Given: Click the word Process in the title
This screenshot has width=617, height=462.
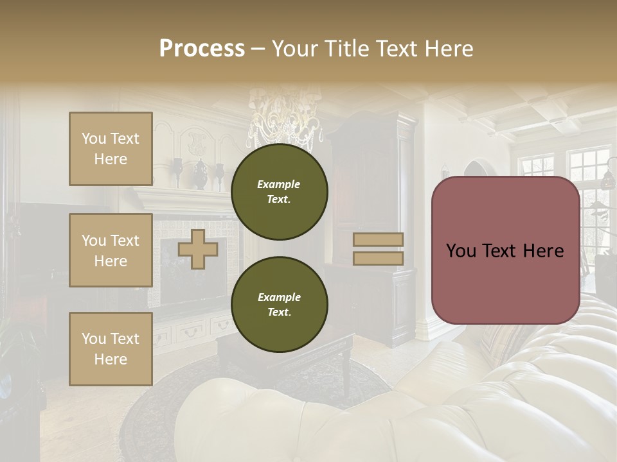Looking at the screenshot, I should pyautogui.click(x=202, y=49).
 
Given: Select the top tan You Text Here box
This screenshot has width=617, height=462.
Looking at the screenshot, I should pyautogui.click(x=111, y=149).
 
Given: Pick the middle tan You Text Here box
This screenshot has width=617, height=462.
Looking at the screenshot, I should pyautogui.click(x=111, y=250).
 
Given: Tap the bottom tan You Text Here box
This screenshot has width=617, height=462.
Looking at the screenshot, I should pyautogui.click(x=111, y=349).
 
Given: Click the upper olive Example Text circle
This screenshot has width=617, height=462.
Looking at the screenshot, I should pyautogui.click(x=279, y=192).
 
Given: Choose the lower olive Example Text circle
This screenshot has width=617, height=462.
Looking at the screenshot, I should pyautogui.click(x=279, y=305).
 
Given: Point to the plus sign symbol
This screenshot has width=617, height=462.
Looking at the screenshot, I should pyautogui.click(x=198, y=249).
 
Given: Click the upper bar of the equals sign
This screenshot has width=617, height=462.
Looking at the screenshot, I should pyautogui.click(x=379, y=239).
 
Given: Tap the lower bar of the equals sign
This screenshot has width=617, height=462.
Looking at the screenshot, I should pyautogui.click(x=379, y=258).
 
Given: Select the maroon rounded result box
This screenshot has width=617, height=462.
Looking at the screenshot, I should pyautogui.click(x=505, y=250).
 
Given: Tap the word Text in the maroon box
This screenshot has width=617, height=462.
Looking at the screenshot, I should pyautogui.click(x=505, y=250).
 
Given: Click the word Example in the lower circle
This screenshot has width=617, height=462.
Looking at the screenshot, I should pyautogui.click(x=279, y=297).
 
